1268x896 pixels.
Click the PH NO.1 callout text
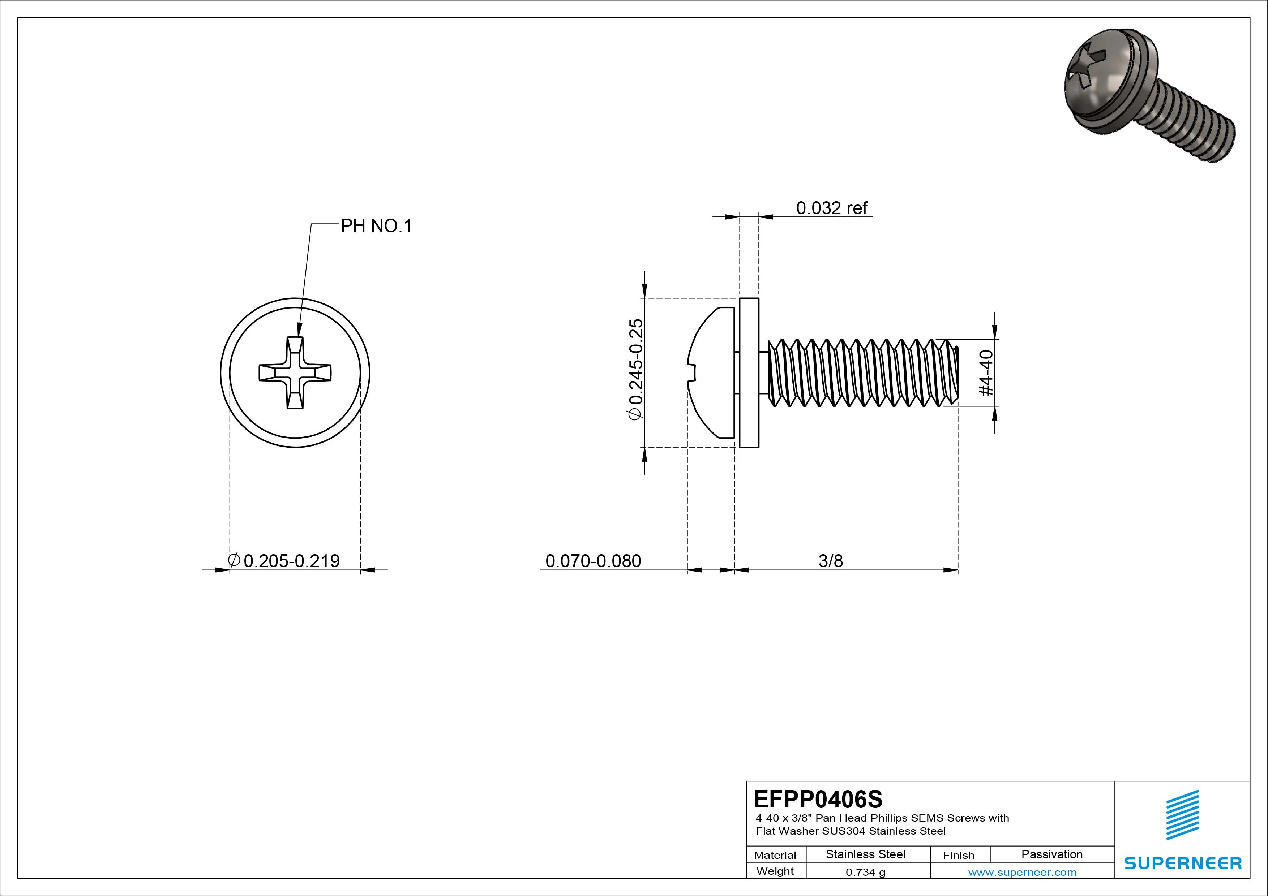(376, 226)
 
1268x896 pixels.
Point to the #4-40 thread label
(986, 373)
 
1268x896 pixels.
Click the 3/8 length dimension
(831, 561)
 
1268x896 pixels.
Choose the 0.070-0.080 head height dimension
(593, 561)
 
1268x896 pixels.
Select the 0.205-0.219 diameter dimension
(291, 561)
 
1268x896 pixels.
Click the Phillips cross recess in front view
(295, 372)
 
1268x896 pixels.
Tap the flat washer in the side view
(749, 372)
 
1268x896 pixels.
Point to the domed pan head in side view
(712, 372)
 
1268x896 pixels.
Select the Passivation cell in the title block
(1051, 854)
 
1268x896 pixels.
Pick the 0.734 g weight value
(865, 872)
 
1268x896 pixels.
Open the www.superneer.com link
(1022, 872)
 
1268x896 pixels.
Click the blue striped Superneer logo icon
(1182, 815)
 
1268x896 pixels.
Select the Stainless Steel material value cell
(865, 854)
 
